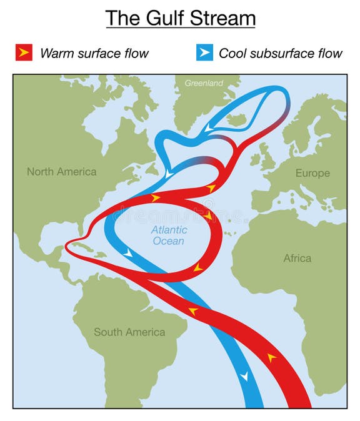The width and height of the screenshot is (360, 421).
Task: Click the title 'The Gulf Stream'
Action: tap(180, 18)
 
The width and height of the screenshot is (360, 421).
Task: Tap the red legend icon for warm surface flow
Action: tap(24, 53)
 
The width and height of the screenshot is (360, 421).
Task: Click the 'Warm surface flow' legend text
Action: tap(94, 53)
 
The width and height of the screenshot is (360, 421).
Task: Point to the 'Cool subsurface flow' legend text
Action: tap(281, 53)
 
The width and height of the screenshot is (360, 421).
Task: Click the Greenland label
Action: tap(203, 83)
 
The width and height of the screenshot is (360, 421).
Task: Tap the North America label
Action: tap(61, 171)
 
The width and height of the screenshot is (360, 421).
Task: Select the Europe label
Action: tap(312, 173)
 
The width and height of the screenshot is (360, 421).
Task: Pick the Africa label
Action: tap(297, 258)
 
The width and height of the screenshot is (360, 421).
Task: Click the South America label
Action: tap(129, 332)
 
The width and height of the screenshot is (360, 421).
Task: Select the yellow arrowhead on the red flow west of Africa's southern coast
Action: tap(272, 357)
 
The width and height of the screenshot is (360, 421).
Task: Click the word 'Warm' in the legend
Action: tap(54, 53)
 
